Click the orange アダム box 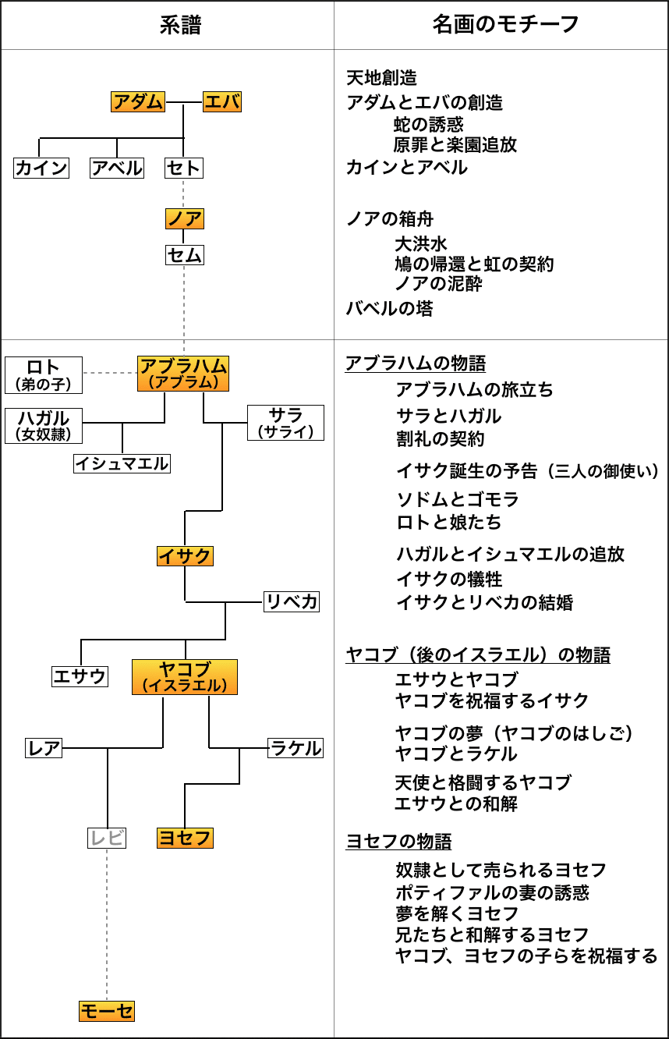pos(138,102)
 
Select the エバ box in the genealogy pos(222,102)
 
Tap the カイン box pos(41,168)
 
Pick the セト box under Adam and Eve pos(184,168)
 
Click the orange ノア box pos(185,218)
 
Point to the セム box pos(185,255)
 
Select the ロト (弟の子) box pos(44,374)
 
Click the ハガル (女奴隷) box pos(44,426)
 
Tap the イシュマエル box pos(122,463)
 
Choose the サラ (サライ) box pos(285,423)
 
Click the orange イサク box pos(185,555)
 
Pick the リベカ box pos(292,601)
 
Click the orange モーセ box pos(107,1011)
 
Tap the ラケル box pos(296,748)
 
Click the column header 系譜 pos(180,25)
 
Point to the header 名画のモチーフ pos(506,24)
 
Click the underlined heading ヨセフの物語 pos(398,842)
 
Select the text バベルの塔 pos(389,308)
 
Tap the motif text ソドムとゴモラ pos(457,499)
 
